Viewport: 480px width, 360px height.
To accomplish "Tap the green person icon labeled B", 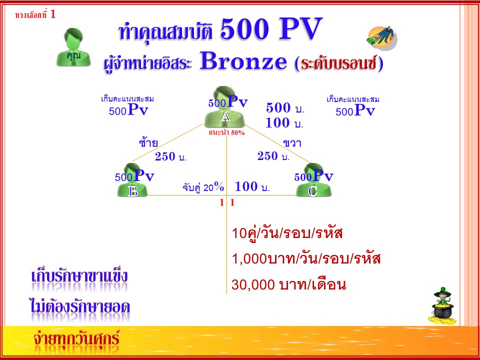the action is pos(132,180).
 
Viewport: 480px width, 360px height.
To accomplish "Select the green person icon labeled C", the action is pos(314,180).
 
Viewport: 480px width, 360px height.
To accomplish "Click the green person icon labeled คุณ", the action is pos(73,47).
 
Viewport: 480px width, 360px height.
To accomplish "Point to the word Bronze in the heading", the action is pos(243,60).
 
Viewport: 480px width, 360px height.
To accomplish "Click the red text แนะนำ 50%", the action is pos(226,132).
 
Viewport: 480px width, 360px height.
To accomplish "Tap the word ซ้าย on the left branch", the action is pos(148,142).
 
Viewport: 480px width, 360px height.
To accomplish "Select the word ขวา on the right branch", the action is pos(292,143).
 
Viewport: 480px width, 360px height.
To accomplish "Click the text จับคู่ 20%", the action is pos(203,186).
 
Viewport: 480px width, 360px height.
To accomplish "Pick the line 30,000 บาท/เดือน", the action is pos(288,284).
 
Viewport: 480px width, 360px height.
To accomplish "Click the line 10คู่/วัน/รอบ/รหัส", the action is pos(287,233).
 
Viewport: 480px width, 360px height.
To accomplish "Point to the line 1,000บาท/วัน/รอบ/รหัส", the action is pos(306,258).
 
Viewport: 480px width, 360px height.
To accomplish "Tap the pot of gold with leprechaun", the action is pos(442,305).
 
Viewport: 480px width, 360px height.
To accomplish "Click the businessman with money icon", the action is pos(382,38).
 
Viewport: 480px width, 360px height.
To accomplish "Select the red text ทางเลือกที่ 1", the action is pos(35,14).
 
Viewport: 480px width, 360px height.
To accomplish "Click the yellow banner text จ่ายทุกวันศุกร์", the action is pos(76,338).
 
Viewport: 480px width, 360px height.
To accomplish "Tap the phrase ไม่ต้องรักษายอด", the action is pos(80,306).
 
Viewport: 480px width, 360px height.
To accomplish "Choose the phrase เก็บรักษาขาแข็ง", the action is pos(79,276).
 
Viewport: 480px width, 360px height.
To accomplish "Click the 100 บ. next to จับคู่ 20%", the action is pos(252,186).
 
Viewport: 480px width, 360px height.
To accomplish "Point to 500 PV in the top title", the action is pos(271,29).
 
